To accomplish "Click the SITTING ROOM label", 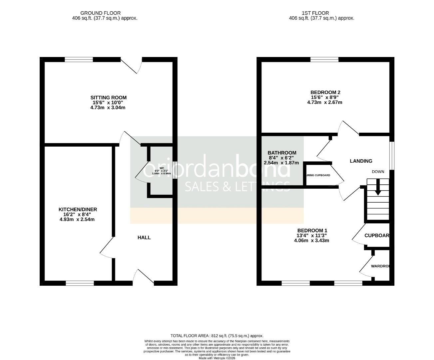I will [x=108, y=98].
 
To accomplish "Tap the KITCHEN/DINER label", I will [x=78, y=209].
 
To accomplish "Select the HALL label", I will [x=144, y=237].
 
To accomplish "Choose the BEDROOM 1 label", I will [x=312, y=230].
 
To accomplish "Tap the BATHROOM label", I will [x=282, y=153].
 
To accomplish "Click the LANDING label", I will [x=361, y=161].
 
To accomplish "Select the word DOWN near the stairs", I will [x=378, y=172].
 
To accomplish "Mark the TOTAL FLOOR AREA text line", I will [x=217, y=336].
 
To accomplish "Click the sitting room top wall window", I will [x=79, y=60].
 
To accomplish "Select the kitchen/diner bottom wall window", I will [x=80, y=283].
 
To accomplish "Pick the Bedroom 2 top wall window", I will [x=324, y=60].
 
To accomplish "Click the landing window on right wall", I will [x=392, y=156].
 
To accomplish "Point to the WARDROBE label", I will [x=381, y=266].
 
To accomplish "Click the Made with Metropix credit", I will [x=217, y=358].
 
